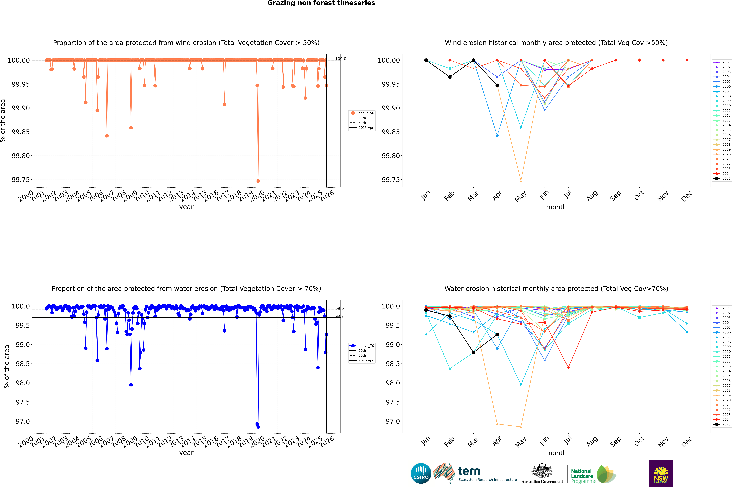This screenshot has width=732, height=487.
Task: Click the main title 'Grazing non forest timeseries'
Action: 321,3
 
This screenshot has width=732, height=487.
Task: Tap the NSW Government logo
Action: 661,473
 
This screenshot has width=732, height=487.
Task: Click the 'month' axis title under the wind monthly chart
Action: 556,207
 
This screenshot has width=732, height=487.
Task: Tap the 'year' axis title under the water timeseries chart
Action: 186,453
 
